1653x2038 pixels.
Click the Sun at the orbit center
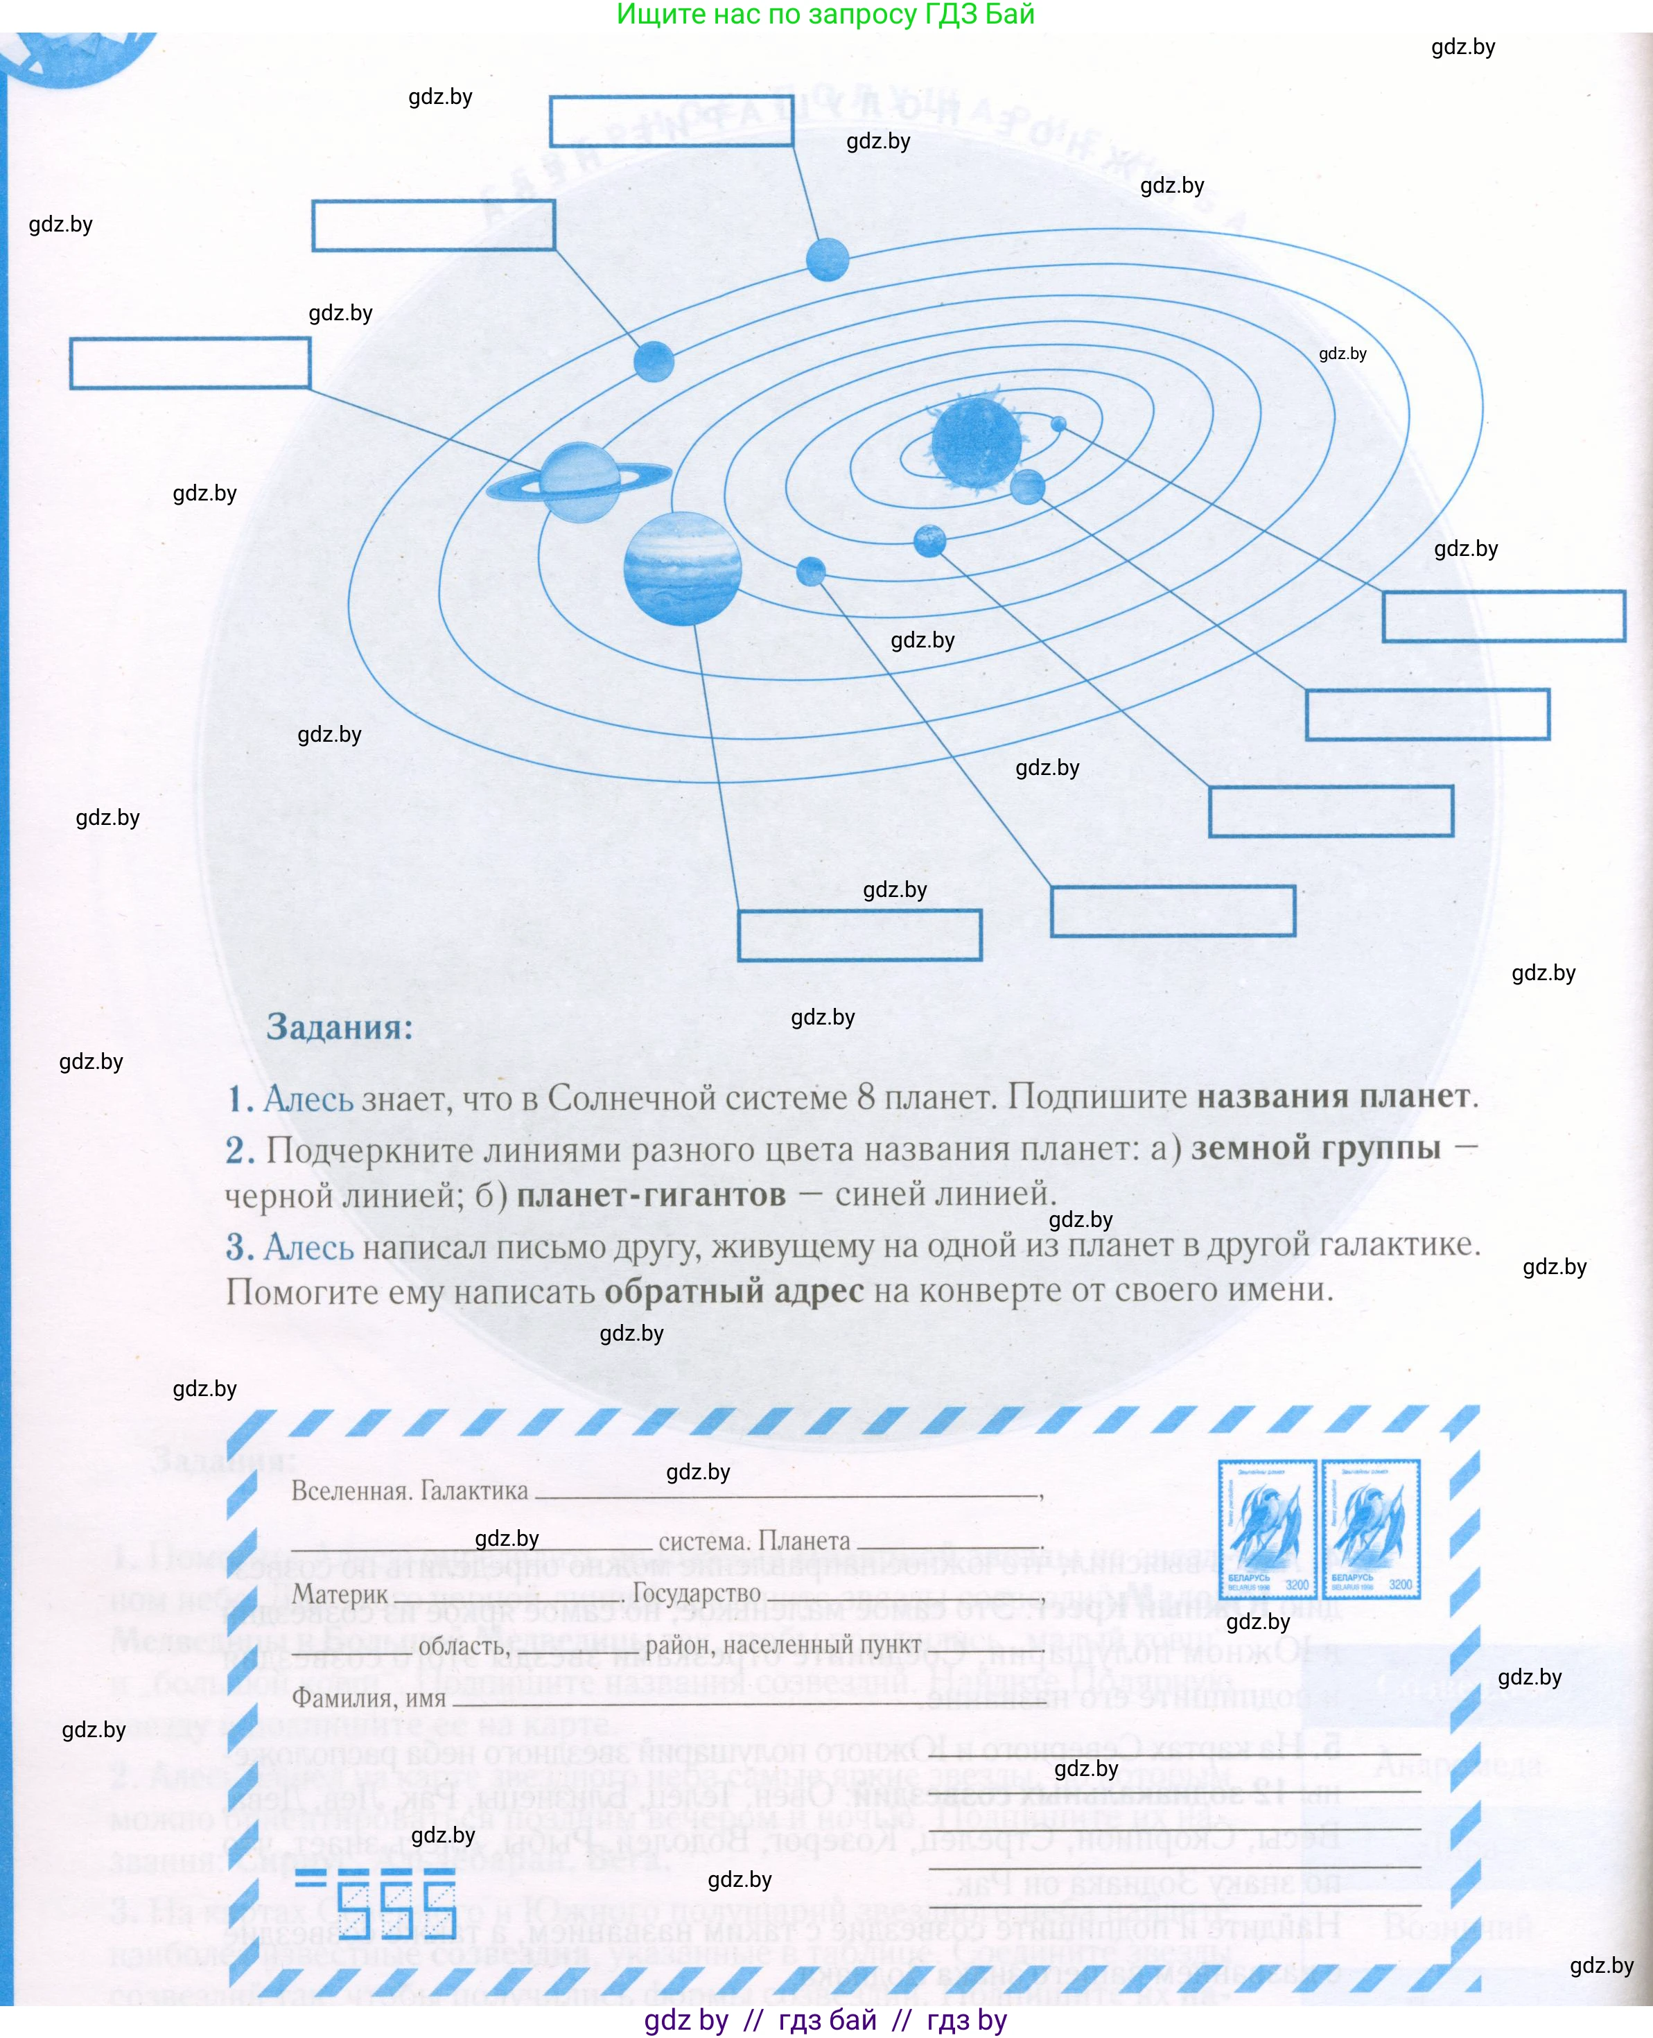pos(975,442)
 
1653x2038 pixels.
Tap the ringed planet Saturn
pos(579,482)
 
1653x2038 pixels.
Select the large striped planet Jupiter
pos(682,568)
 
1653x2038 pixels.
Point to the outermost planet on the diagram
pos(826,259)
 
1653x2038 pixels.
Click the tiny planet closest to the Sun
pos(1058,424)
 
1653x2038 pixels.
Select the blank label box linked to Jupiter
pos(859,934)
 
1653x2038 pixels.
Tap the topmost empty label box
pos(672,121)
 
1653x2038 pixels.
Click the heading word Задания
pos(339,1027)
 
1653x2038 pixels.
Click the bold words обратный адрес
pos(733,1291)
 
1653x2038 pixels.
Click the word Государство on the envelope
pos(696,1593)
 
